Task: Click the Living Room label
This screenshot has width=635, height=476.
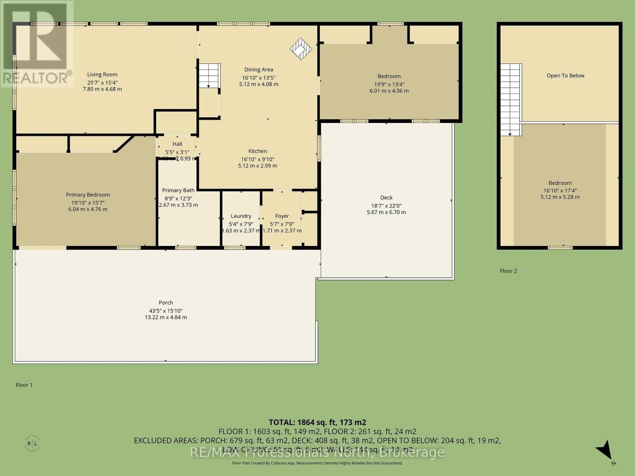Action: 102,75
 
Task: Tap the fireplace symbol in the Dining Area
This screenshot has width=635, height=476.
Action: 301,48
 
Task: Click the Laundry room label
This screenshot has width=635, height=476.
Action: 241,216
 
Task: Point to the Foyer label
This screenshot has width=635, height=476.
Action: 282,216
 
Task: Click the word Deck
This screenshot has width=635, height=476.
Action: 386,198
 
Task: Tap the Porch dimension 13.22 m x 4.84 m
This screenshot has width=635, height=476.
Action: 165,317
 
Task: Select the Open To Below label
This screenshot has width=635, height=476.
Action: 565,76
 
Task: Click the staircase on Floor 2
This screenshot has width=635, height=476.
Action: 510,99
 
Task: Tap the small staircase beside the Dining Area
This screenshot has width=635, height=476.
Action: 209,75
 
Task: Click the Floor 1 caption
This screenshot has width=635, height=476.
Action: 24,385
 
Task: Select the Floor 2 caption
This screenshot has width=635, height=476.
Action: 508,271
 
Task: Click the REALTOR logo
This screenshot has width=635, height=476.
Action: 37,44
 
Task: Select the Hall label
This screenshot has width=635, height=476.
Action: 177,144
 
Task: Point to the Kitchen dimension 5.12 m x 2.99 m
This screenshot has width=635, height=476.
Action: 258,166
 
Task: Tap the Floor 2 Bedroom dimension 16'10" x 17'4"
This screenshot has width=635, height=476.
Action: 560,190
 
